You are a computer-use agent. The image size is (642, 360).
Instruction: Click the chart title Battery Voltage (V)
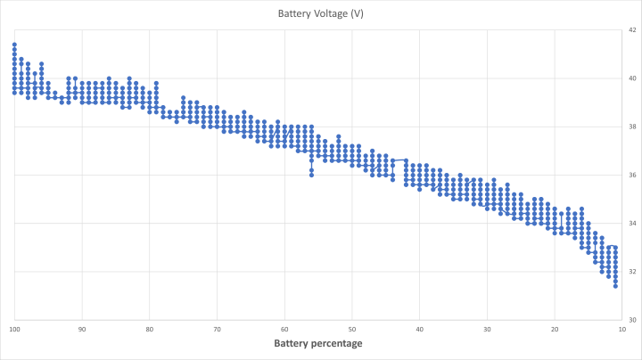point(320,13)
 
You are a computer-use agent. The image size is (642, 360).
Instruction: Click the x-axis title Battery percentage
point(318,343)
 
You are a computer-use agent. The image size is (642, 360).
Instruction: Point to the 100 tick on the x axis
point(15,329)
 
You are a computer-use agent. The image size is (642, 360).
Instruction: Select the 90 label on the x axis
point(82,329)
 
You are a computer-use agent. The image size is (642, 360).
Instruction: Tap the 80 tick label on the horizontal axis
point(150,329)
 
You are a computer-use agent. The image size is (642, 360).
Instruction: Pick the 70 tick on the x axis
point(217,329)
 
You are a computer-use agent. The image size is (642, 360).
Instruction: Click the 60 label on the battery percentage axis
point(284,329)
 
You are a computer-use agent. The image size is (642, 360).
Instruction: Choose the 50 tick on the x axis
point(351,329)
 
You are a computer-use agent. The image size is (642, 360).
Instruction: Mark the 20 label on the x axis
point(554,329)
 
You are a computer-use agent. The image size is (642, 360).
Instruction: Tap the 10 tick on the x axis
point(621,329)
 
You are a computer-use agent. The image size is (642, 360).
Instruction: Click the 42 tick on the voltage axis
point(631,30)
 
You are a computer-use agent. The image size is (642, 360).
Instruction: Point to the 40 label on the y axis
point(631,78)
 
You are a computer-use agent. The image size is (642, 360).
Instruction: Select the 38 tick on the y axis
point(631,127)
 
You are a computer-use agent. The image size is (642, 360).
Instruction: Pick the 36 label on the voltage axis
point(631,175)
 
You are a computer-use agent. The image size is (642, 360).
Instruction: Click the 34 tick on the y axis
point(631,223)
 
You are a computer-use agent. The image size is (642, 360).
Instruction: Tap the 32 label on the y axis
point(631,271)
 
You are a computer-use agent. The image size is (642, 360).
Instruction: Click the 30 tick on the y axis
point(631,319)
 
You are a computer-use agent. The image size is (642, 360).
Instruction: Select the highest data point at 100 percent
point(14,45)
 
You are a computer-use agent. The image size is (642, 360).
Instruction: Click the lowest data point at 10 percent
point(615,286)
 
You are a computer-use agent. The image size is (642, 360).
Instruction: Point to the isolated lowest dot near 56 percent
point(311,175)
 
